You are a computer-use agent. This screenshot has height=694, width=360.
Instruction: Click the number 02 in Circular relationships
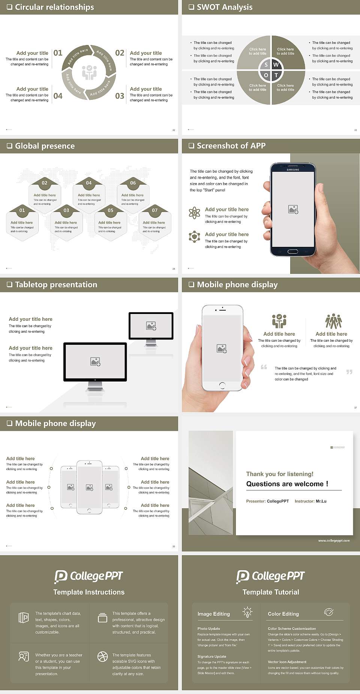pyautogui.click(x=120, y=53)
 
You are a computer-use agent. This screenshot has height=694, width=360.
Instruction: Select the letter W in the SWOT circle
pyautogui.click(x=276, y=65)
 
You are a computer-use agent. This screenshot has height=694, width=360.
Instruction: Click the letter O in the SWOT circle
pyautogui.click(x=266, y=75)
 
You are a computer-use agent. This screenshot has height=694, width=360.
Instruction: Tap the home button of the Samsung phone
pyautogui.click(x=293, y=251)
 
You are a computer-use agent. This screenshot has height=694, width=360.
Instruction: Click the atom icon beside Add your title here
pyautogui.click(x=194, y=213)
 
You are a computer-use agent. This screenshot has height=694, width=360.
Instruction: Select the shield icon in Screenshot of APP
pyautogui.click(x=194, y=237)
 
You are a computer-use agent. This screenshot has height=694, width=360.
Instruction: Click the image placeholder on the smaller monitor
pyautogui.click(x=151, y=326)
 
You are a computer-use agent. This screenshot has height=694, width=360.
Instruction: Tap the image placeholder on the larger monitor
pyautogui.click(x=95, y=361)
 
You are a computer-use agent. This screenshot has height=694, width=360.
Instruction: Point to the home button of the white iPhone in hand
pyautogui.click(x=222, y=385)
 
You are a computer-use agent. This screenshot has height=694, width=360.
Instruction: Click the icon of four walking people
pyautogui.click(x=333, y=321)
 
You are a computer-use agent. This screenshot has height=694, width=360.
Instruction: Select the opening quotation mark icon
pyautogui.click(x=264, y=367)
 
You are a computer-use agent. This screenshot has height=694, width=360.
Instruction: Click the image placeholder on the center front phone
pyautogui.click(x=89, y=487)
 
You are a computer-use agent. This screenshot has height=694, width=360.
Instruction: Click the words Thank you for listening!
pyautogui.click(x=280, y=474)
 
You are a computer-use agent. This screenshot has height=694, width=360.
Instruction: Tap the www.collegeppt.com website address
pyautogui.click(x=334, y=541)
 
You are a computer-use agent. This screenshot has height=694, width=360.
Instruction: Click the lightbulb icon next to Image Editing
pyautogui.click(x=247, y=612)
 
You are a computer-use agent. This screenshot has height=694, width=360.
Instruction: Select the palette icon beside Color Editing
pyautogui.click(x=328, y=612)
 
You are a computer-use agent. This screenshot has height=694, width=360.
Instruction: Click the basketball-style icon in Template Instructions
pyautogui.click(x=102, y=656)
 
